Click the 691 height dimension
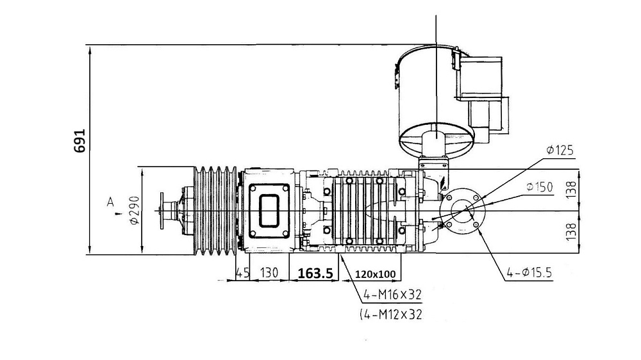[x=79, y=141]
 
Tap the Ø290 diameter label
[x=135, y=210]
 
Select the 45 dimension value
[x=242, y=272]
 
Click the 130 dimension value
[x=269, y=272]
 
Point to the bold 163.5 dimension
[x=315, y=274]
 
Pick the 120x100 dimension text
[x=375, y=274]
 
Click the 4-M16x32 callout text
[x=392, y=294]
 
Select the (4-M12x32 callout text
[x=391, y=315]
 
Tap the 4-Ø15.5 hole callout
[x=529, y=272]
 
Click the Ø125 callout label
[x=560, y=151]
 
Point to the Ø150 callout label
[x=539, y=187]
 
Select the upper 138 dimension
[x=571, y=190]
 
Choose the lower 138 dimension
[x=571, y=231]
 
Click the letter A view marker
[x=110, y=202]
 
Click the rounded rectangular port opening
[x=269, y=210]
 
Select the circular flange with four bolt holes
[x=462, y=211]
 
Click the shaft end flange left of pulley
[x=163, y=211]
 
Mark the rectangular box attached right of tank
[x=481, y=78]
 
